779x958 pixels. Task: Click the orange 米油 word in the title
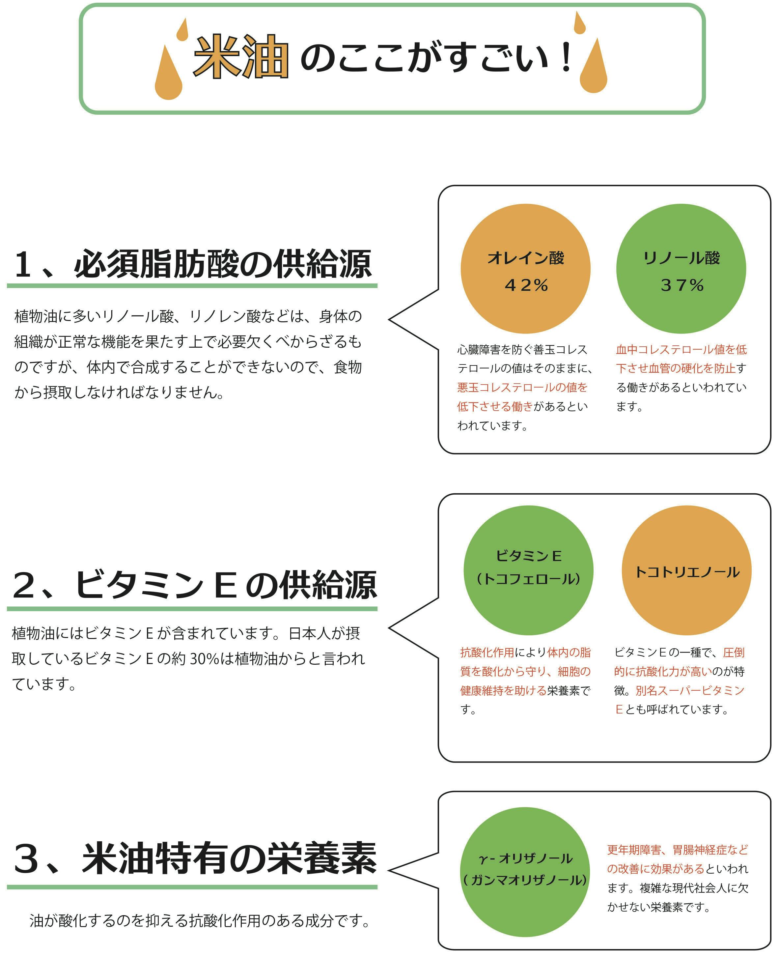[240, 57]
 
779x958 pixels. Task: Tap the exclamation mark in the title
[566, 57]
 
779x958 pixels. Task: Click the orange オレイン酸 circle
[525, 269]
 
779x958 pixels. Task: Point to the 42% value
[526, 285]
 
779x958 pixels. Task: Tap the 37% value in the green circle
[682, 285]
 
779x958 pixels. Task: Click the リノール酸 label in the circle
[681, 258]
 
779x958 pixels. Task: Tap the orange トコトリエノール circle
[686, 570]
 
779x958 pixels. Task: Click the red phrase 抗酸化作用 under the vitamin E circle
[487, 652]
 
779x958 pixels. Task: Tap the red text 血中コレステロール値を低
[681, 349]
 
